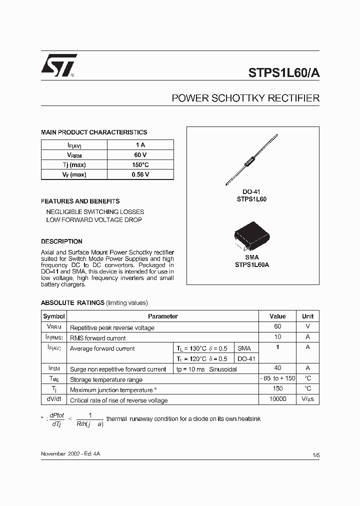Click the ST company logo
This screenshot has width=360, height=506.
[x=58, y=65]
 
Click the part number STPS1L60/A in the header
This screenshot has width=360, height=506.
[x=284, y=71]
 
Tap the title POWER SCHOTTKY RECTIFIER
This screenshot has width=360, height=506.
[x=245, y=98]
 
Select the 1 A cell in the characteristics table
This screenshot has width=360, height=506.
[x=140, y=144]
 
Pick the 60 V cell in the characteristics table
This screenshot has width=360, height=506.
[x=140, y=154]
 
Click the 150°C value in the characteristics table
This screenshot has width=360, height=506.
[x=140, y=164]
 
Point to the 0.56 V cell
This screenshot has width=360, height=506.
[x=140, y=174]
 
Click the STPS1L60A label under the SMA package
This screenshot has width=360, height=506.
[x=252, y=265]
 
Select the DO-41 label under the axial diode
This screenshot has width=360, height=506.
[x=251, y=192]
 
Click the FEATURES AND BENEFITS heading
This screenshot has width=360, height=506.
[x=80, y=201]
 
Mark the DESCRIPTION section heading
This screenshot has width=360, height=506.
[x=61, y=241]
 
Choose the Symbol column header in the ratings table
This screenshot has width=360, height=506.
[x=54, y=316]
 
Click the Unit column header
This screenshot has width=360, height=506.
[x=307, y=316]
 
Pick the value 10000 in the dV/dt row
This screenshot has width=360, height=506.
[x=277, y=399]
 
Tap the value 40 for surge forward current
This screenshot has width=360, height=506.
[x=277, y=368]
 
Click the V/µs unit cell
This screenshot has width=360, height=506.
[x=307, y=399]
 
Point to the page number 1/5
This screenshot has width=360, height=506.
[x=315, y=454]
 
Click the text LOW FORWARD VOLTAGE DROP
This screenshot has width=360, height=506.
[x=94, y=220]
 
